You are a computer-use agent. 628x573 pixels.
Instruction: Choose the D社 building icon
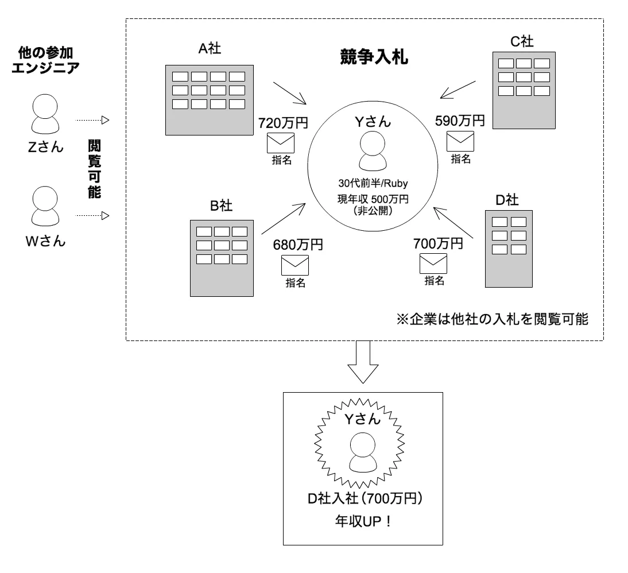click(x=510, y=249)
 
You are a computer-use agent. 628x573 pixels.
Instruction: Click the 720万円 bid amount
click(x=283, y=122)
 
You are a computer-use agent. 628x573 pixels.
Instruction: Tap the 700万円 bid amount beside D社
click(x=437, y=243)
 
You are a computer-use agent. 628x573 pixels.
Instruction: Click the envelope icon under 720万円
click(x=280, y=142)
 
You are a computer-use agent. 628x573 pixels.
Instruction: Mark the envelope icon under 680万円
click(x=295, y=265)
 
